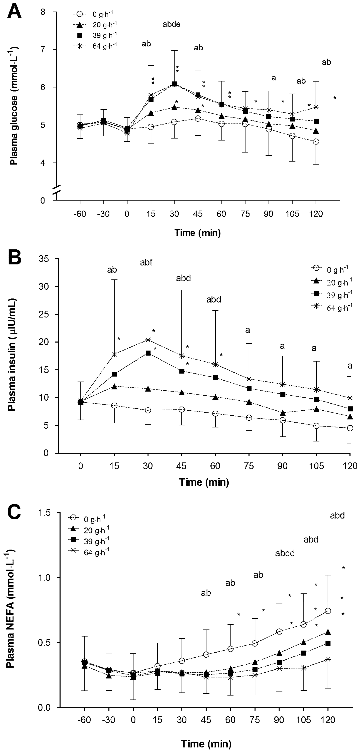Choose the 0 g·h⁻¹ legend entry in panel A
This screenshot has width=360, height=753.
coord(95,14)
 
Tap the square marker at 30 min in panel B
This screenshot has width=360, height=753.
coord(148,353)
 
